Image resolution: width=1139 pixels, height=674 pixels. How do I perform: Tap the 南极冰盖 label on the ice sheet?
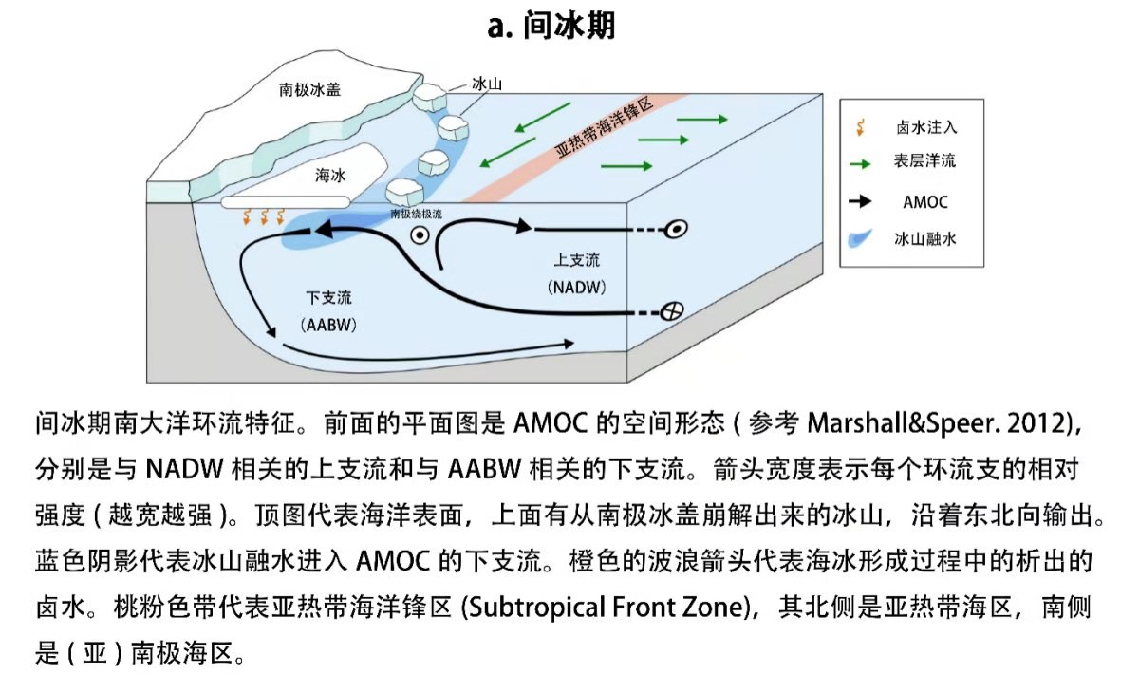click(310, 90)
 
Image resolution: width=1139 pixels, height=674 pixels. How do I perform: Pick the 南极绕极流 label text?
click(417, 215)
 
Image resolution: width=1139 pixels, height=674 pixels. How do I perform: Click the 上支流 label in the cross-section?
click(577, 259)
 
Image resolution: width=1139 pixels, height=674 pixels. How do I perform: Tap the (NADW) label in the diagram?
click(577, 286)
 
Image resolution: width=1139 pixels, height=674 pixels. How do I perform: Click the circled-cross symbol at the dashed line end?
click(672, 311)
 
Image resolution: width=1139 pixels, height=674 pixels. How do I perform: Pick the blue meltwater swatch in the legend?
click(859, 238)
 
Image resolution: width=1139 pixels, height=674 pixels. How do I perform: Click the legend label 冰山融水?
click(924, 239)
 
